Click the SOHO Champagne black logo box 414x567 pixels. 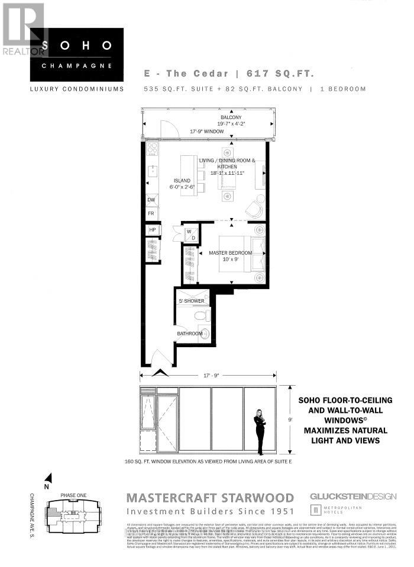[x=77, y=55]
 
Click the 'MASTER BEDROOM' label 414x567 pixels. [x=230, y=253]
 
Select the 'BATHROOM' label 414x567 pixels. [x=189, y=334]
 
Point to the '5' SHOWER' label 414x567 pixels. [x=191, y=301]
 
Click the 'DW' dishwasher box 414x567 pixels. [x=152, y=200]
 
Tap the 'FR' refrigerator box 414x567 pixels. [x=152, y=213]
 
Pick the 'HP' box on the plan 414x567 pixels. [x=152, y=230]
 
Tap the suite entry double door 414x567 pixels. [x=158, y=359]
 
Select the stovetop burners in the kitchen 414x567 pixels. [x=152, y=148]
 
